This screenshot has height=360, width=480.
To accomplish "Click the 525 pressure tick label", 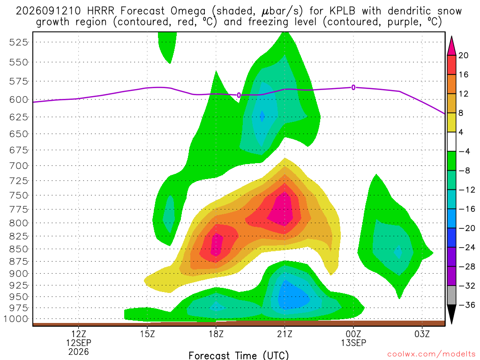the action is coord(18,42).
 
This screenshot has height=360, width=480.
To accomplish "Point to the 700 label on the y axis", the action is coord(18,166).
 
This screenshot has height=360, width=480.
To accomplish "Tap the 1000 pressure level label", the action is coord(16,319).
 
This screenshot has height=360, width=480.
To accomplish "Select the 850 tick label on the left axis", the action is coord(18,249).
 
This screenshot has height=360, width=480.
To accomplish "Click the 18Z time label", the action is coord(216,334).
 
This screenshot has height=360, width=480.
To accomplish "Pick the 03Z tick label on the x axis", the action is coord(422,334).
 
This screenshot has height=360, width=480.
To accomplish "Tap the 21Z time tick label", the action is coord(285,334).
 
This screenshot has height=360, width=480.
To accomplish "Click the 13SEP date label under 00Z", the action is coord(353,343).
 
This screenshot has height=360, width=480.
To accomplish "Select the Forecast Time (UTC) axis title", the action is coord(239,355).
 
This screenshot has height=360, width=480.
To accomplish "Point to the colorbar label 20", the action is coord(464,55).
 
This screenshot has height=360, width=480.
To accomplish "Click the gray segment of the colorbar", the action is coord(451,295).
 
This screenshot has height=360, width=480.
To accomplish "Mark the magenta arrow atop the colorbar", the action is coord(451,46).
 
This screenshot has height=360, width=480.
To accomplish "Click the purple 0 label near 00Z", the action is coord(353,88).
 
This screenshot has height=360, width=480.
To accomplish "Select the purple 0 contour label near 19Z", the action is coord(239,96).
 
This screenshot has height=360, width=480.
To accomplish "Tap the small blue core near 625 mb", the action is coord(262,116).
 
